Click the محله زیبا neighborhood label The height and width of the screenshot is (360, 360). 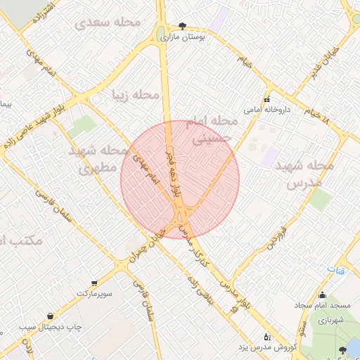[x=135, y=94]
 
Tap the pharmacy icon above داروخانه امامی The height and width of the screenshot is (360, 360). [x=266, y=98]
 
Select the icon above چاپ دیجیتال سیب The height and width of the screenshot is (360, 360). [x=50, y=316]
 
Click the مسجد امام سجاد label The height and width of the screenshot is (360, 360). [x=322, y=306]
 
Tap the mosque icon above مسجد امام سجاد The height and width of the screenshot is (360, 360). [x=322, y=295]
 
